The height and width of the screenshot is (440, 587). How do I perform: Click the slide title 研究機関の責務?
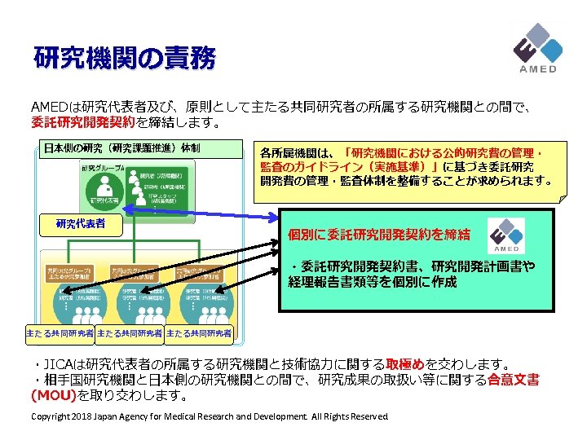[x=125, y=58]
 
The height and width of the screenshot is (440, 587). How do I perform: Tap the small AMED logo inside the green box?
[x=506, y=236]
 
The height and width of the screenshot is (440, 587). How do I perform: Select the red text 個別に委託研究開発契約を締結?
[x=379, y=235]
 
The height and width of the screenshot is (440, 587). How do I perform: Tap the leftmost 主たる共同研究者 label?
[x=60, y=333]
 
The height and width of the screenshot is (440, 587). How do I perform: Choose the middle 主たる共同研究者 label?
[x=129, y=333]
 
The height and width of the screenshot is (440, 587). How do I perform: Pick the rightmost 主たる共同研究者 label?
[x=198, y=333]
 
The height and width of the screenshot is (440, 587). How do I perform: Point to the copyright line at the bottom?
[x=209, y=417]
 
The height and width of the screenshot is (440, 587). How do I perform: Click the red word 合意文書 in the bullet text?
[x=514, y=381]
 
